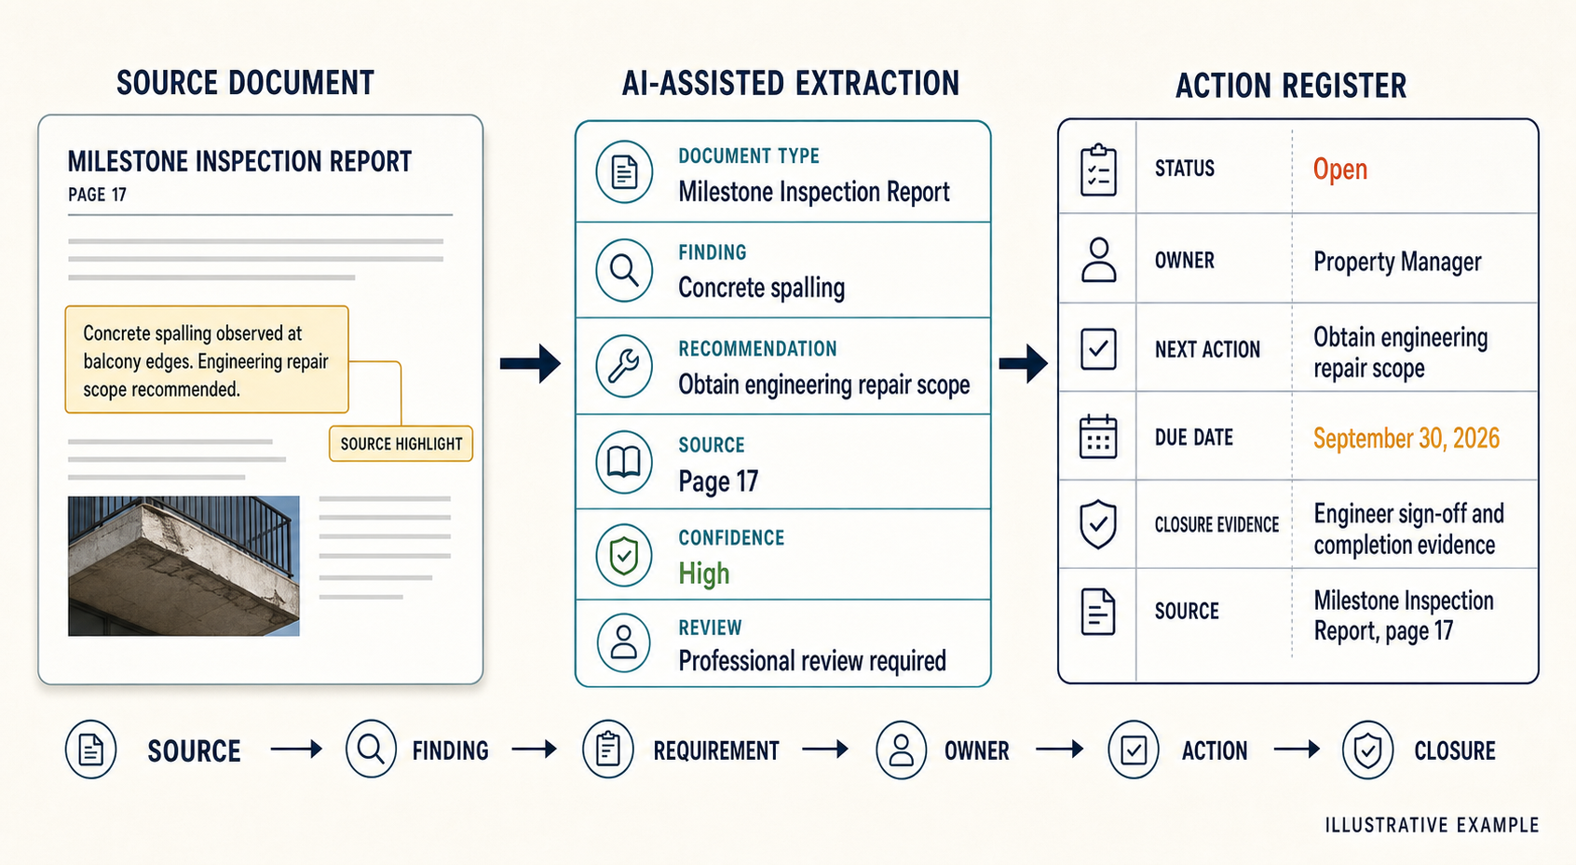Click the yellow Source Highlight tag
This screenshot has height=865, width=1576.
[401, 444]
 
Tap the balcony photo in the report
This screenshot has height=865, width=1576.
[183, 566]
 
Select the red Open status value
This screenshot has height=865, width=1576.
[1340, 169]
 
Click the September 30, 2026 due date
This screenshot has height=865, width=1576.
[1406, 439]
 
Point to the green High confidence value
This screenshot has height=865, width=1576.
[703, 574]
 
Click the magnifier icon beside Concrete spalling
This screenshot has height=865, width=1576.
[624, 270]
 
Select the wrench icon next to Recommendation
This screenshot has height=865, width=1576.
[624, 367]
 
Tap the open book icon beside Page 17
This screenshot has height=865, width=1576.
[624, 462]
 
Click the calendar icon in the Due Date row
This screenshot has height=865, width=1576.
[1098, 437]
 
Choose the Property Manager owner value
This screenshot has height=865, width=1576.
[1397, 262]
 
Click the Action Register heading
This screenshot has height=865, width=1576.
[1291, 86]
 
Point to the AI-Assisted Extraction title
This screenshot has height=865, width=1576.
[791, 83]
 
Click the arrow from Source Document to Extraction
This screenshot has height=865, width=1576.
[530, 363]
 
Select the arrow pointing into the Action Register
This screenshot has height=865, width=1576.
[1023, 363]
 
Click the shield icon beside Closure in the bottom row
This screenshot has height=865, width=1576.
[1367, 750]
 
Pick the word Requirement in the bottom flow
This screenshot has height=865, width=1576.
[716, 751]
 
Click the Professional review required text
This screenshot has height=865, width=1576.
[812, 661]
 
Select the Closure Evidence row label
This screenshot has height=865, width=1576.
[1216, 524]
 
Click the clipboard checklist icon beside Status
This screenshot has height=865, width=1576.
[1098, 170]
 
